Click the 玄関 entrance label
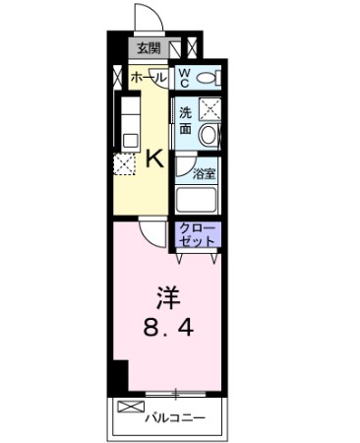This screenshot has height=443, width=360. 149,47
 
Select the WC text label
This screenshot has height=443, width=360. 185,77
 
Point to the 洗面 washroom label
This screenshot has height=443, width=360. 186,120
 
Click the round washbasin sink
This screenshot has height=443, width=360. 209,134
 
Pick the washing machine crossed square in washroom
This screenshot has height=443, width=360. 209,109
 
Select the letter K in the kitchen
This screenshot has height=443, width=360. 154,158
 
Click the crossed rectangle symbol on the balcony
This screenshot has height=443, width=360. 130,407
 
